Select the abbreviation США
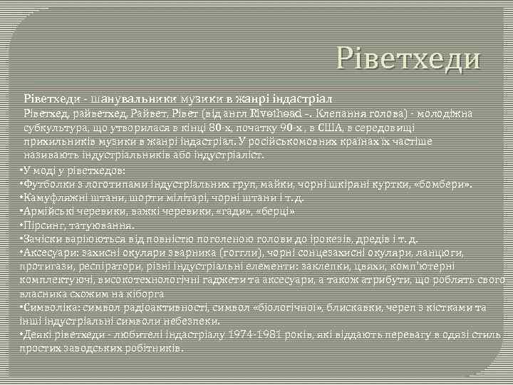372,128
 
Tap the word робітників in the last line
150,349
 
